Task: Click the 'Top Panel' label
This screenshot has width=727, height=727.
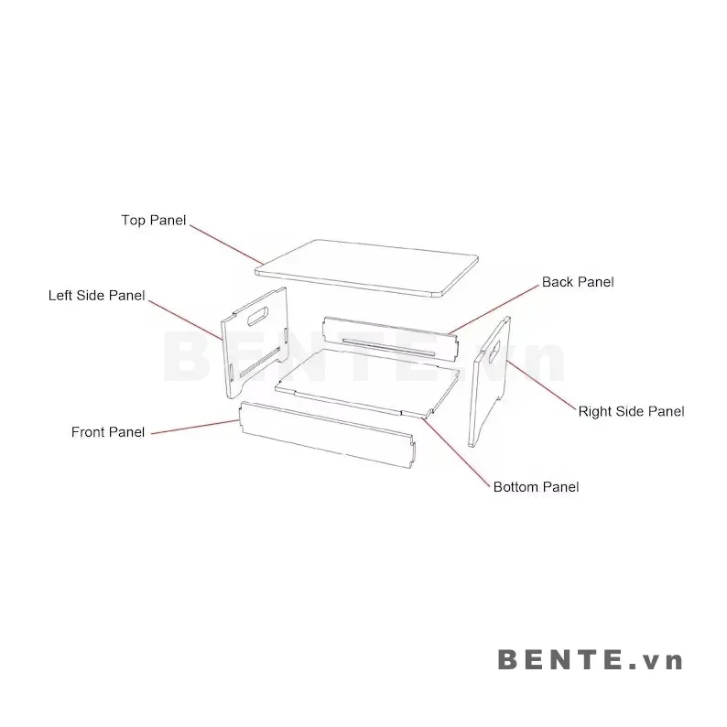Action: pos(154,220)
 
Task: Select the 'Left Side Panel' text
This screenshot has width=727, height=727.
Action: pos(96,296)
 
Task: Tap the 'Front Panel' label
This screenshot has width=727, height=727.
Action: pos(108,432)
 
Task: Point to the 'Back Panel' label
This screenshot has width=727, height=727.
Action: pos(578,282)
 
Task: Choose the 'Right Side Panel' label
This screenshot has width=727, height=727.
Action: pos(631,411)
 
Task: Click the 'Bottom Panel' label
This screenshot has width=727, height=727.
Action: pos(536,487)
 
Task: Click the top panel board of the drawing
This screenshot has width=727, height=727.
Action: pos(367,267)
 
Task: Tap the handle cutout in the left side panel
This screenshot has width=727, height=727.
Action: pos(259,316)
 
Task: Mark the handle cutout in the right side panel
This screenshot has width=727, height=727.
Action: pos(494,351)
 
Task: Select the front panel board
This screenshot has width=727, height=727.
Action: pos(328,433)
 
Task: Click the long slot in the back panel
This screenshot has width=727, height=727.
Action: pos(388,347)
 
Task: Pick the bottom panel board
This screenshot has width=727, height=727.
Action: pos(366,383)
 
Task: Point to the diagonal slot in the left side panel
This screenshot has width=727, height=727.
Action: pos(260,361)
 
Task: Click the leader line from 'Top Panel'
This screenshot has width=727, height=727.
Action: pos(226,245)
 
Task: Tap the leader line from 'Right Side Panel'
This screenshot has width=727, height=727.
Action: pos(542,385)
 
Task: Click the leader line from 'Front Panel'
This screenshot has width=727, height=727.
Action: pos(195,427)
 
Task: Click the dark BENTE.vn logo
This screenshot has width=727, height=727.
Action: pos(590,659)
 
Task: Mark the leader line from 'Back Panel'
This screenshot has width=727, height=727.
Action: pos(494,309)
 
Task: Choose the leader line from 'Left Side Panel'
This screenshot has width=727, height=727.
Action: pos(186,320)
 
